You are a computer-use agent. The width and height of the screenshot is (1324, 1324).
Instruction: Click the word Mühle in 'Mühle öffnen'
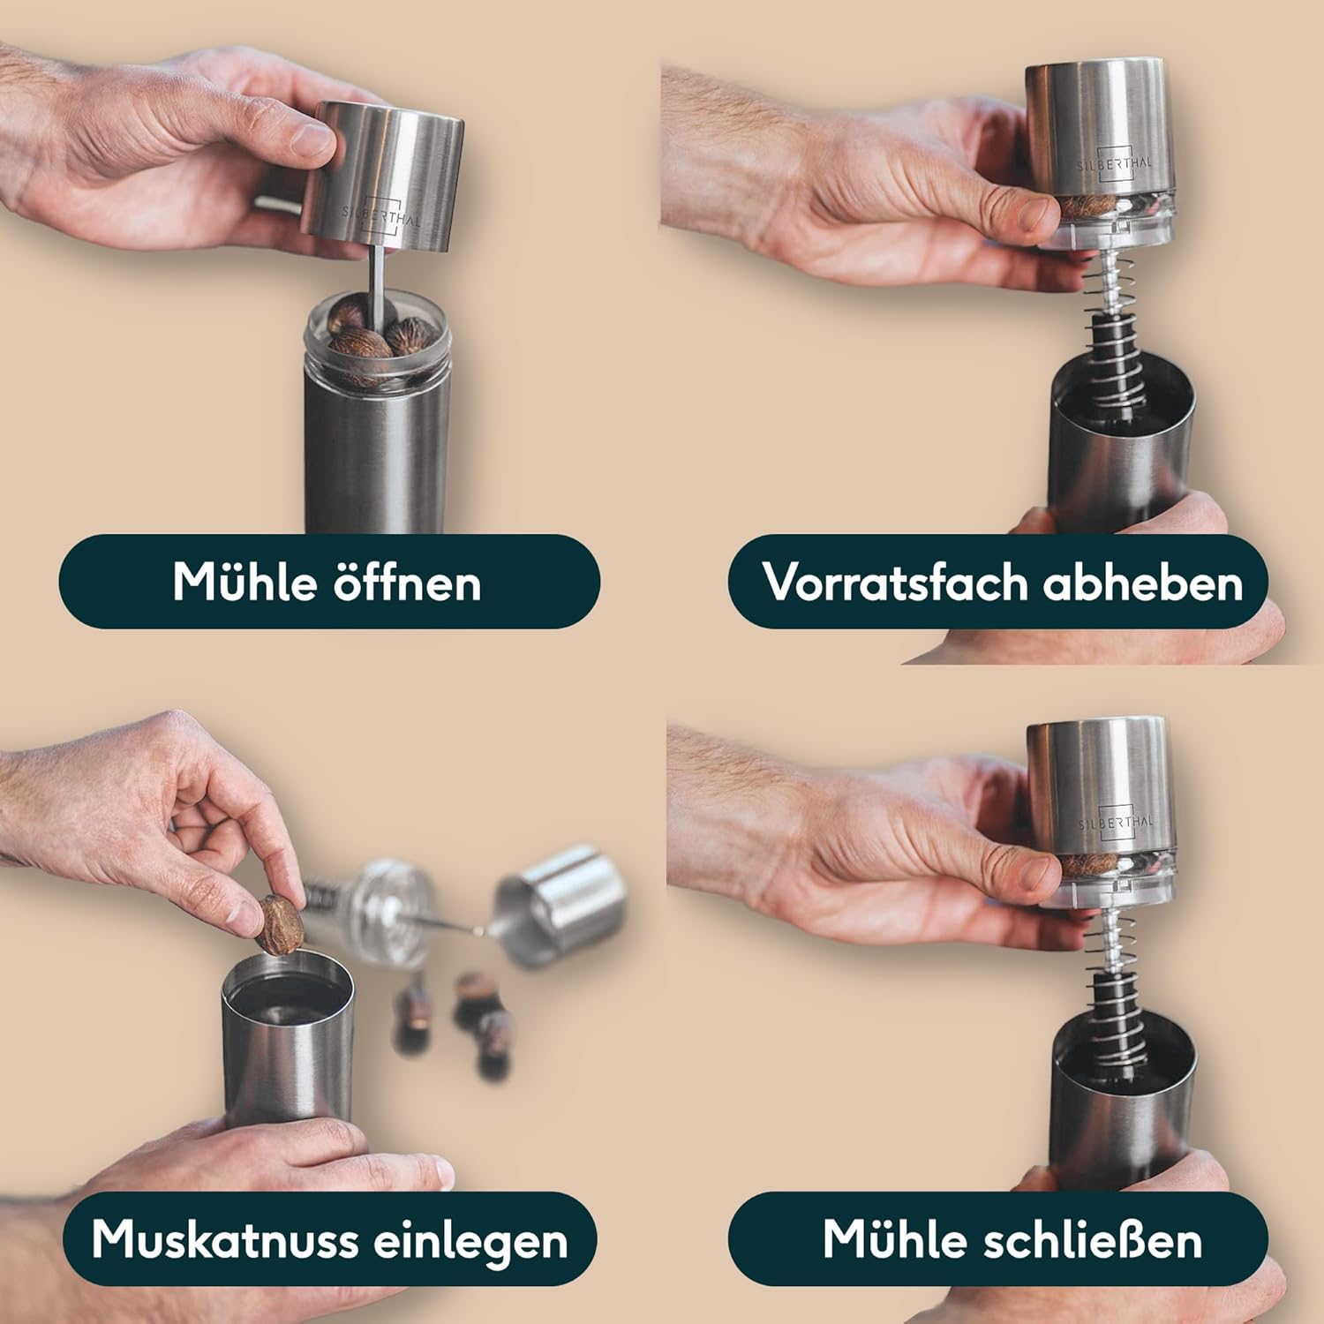point(244,581)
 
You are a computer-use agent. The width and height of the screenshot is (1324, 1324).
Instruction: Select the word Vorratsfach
point(893,582)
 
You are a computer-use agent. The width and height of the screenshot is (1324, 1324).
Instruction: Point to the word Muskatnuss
point(223,1239)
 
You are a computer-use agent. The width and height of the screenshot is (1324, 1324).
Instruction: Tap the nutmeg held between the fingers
point(280,923)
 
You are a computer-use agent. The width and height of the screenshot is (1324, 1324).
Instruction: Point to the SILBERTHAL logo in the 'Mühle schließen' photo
point(1115,821)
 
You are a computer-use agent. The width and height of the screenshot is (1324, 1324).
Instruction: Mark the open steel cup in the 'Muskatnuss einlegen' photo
point(286,1037)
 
